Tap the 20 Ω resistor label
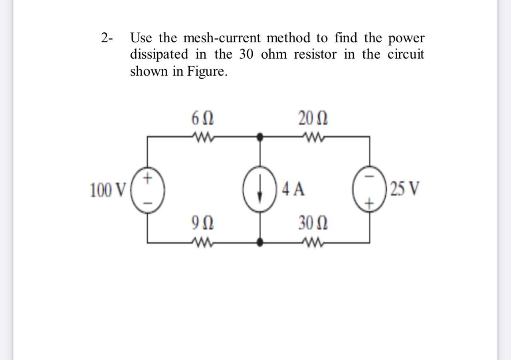[x=313, y=119]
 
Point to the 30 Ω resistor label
[x=313, y=223]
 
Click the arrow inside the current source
[x=260, y=189]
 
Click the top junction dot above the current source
[x=260, y=137]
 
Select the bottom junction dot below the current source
[x=260, y=242]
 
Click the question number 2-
[x=107, y=39]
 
